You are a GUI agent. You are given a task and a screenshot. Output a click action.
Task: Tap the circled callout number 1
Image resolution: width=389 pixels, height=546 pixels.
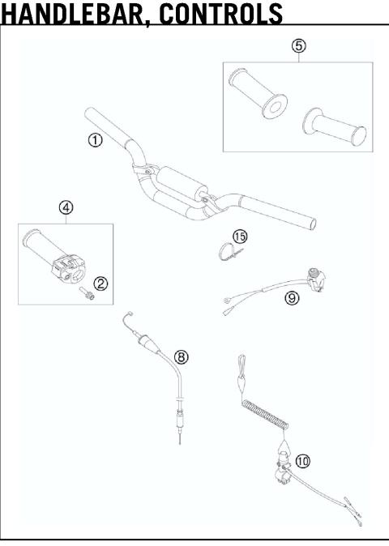(96, 140)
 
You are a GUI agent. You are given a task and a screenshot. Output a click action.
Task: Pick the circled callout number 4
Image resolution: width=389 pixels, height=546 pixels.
(66, 207)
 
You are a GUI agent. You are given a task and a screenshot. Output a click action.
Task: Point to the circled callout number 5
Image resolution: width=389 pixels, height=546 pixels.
(299, 46)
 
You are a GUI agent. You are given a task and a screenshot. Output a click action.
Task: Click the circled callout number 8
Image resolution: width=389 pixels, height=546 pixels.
(181, 356)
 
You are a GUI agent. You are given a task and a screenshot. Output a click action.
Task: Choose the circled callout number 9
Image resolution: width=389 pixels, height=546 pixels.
(292, 297)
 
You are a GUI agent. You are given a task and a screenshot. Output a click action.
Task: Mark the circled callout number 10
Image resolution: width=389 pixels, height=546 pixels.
(303, 461)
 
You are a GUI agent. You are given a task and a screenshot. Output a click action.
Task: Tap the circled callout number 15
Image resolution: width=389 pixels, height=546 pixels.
(240, 236)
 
